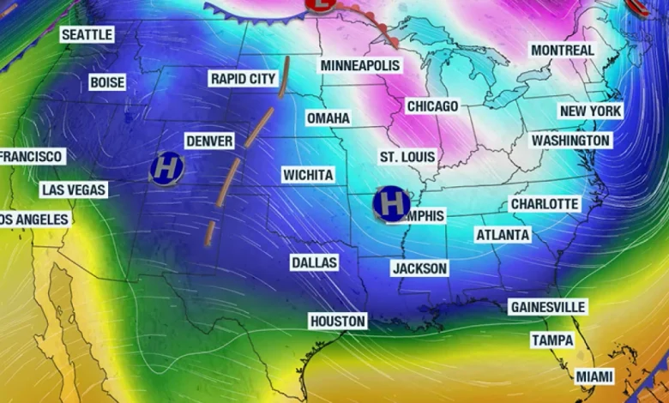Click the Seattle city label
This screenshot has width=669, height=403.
click(87, 35)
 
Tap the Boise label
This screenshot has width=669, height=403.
click(107, 83)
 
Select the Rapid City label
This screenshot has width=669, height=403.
click(244, 79)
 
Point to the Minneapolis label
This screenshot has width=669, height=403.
click(361, 66)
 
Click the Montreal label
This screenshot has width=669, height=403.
click(563, 51)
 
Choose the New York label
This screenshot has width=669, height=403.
click(590, 111)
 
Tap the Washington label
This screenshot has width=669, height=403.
click(570, 140)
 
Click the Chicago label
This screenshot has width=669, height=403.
click(432, 106)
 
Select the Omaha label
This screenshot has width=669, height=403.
click(328, 117)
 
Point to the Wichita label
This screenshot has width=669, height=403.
click(308, 175)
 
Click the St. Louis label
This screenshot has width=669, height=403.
click(407, 157)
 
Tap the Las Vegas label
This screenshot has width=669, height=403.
click(74, 189)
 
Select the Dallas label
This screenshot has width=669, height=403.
click(314, 262)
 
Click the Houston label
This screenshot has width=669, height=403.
click(338, 322)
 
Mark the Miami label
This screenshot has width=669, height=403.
click(594, 376)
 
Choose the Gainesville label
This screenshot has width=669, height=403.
click(548, 307)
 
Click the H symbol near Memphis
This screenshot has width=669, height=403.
click(392, 204)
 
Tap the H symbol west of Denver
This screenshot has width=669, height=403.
click(166, 168)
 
